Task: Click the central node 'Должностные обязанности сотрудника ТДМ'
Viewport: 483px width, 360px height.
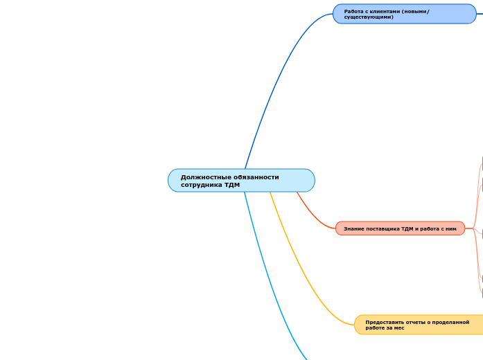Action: [241, 181]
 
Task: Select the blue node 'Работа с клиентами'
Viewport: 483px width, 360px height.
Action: [404, 14]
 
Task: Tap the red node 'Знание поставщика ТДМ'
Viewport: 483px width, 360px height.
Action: [400, 228]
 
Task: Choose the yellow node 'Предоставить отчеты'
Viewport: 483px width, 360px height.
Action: [419, 325]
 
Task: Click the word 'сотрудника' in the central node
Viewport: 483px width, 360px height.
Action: [200, 185]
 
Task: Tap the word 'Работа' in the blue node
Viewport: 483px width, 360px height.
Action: [354, 11]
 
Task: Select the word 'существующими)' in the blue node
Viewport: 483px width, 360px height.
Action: [369, 17]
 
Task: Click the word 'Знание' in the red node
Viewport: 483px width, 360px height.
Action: [353, 228]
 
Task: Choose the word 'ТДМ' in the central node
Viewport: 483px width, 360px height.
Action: [232, 185]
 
